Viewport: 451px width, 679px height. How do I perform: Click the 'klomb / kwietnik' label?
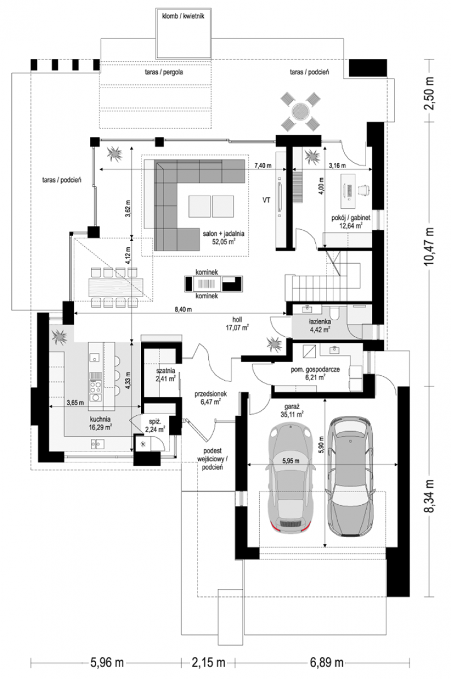(x=183, y=16)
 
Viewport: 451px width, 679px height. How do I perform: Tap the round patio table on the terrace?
(x=300, y=111)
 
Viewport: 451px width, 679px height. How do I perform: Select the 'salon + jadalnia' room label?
(x=224, y=234)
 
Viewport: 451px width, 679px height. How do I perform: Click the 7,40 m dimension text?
(x=263, y=165)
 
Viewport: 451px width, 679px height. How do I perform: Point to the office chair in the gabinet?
(x=363, y=190)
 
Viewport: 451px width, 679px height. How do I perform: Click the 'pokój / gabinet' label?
(x=351, y=218)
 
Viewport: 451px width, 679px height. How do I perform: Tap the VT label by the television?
(x=267, y=200)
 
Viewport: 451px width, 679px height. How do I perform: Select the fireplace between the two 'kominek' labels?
(x=213, y=284)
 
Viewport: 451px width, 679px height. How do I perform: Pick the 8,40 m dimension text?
(x=183, y=310)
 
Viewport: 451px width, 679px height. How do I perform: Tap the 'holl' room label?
(x=237, y=320)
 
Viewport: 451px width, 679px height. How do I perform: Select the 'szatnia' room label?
(x=165, y=371)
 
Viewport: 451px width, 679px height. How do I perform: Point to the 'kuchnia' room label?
(x=100, y=419)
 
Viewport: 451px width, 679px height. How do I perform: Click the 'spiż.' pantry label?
(x=155, y=422)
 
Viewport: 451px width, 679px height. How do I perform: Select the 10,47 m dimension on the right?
(x=429, y=246)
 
